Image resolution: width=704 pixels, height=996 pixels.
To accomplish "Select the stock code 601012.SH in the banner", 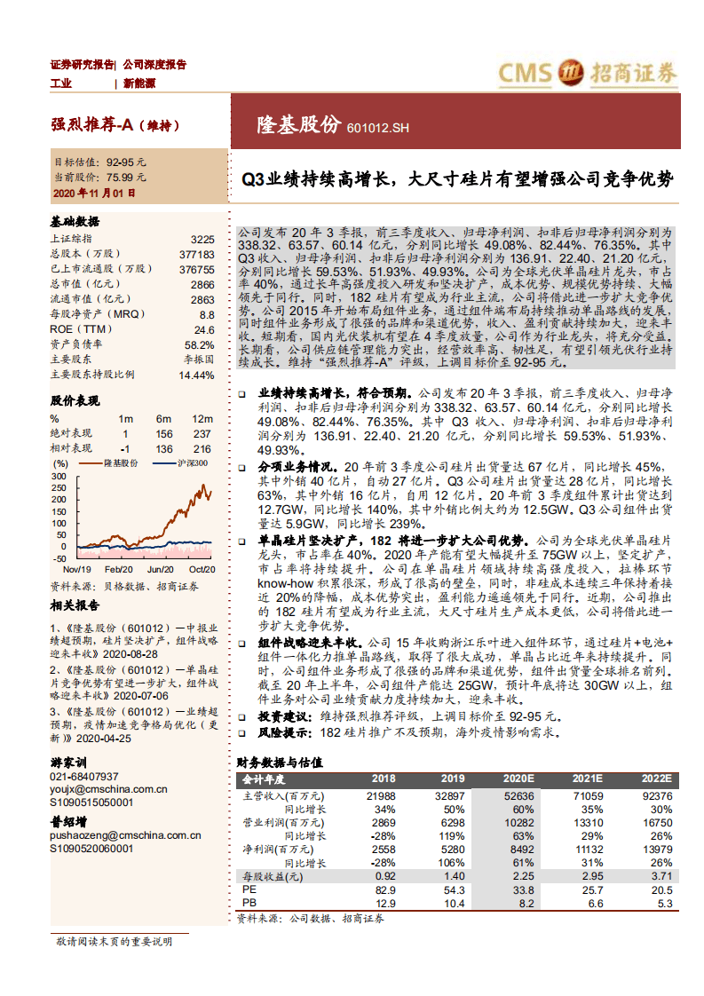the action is [379, 129].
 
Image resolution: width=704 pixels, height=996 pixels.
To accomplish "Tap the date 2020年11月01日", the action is [94, 192].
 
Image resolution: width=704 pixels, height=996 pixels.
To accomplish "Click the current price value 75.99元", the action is [126, 177].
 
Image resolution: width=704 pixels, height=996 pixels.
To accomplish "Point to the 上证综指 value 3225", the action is [202, 239].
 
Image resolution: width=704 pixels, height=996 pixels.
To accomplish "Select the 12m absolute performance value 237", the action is [202, 433].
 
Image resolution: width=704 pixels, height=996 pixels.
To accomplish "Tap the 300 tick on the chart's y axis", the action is [59, 476].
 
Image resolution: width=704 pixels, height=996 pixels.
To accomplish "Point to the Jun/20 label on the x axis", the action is [160, 569].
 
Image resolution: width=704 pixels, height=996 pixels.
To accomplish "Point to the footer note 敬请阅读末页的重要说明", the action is [114, 941].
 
